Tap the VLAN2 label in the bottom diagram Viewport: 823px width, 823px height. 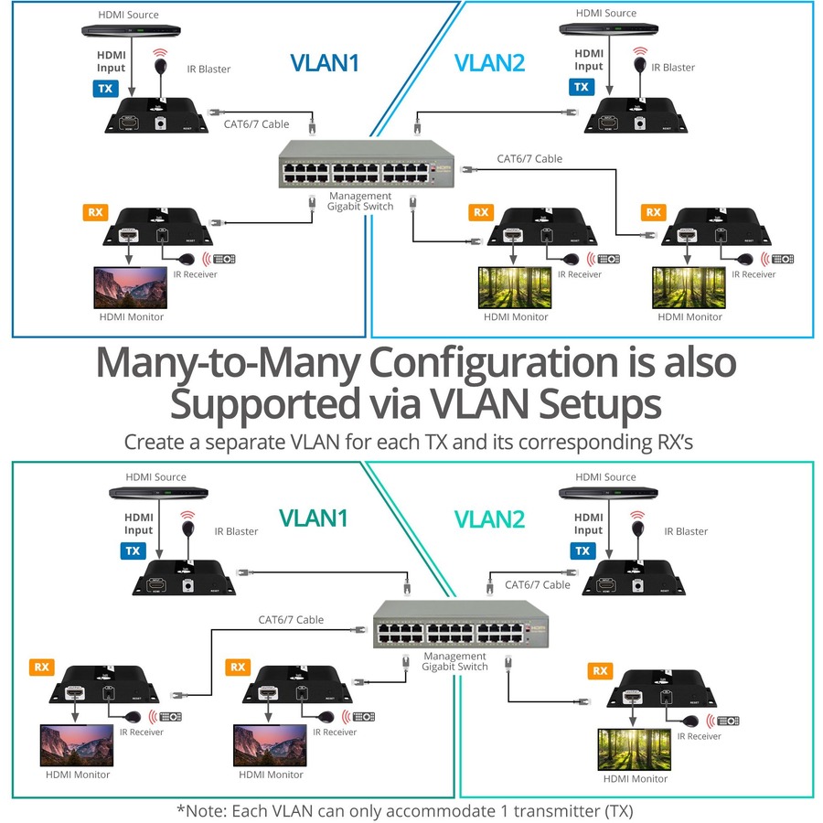click(490, 519)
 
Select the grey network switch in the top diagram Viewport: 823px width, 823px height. click(352, 166)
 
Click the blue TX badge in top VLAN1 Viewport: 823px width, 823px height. click(105, 89)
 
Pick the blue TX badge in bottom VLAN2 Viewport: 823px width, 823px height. click(581, 550)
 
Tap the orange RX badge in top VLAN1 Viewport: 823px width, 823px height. click(95, 212)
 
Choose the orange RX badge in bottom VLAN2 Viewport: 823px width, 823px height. click(600, 670)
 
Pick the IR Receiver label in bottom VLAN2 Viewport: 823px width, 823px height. click(699, 736)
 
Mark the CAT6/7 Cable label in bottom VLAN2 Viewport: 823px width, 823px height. click(538, 585)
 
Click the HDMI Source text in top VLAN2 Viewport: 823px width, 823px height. click(606, 14)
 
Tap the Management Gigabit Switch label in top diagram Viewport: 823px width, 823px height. click(360, 201)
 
